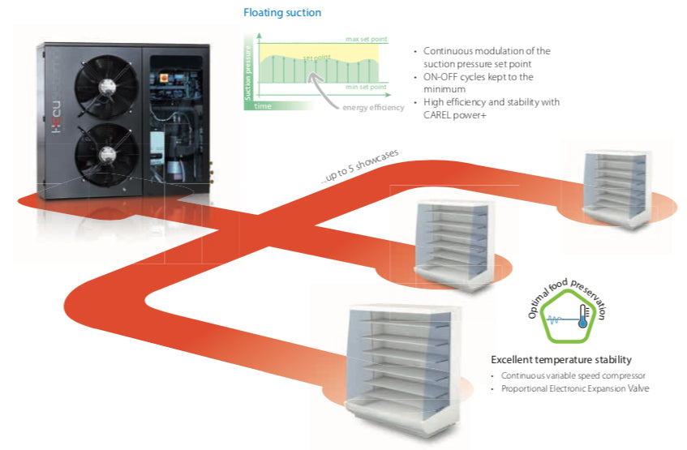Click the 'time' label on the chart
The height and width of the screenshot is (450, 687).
tap(263, 105)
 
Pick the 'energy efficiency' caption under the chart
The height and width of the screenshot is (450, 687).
tap(373, 108)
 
